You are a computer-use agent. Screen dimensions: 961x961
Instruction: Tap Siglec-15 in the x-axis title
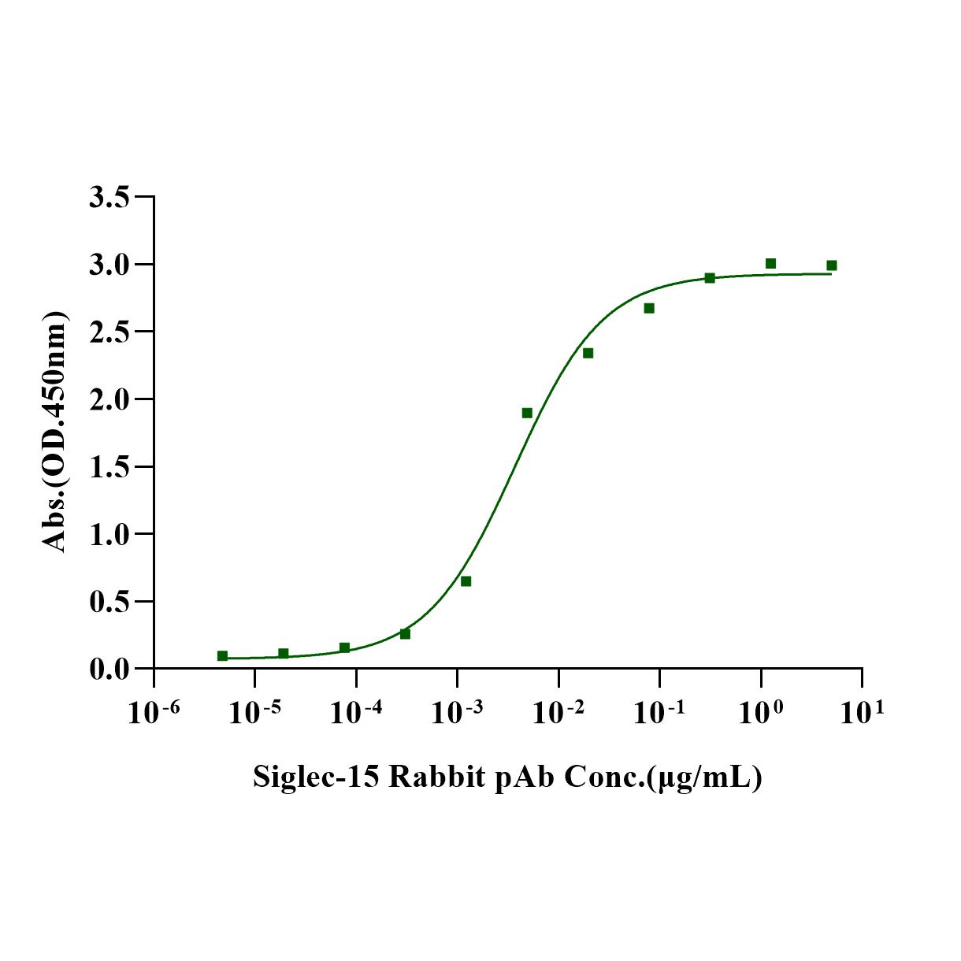pos(315,777)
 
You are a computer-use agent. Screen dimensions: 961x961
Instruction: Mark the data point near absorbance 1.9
pos(527,413)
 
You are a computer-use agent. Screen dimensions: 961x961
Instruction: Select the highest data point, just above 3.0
pos(770,263)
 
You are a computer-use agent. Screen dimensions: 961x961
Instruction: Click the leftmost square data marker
pos(222,655)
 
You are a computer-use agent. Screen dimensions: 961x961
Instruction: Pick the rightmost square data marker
pos(831,265)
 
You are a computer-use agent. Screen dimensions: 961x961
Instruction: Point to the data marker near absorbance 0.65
pos(466,581)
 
